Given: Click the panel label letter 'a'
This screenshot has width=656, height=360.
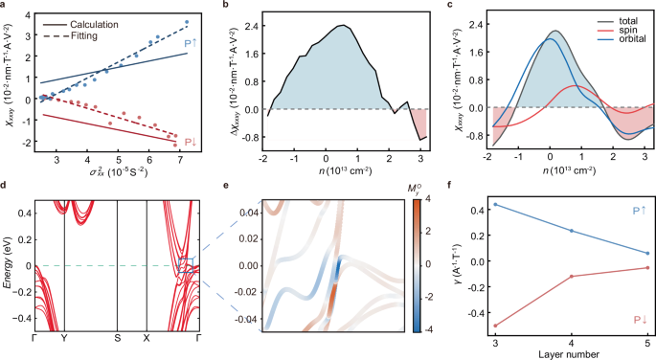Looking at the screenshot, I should point(5,7).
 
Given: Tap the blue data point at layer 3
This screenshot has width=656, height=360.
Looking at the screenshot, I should point(495,205).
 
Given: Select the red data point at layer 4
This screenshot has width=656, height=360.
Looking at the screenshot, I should point(573,277).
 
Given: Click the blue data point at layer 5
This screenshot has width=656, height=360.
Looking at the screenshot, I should point(647,253).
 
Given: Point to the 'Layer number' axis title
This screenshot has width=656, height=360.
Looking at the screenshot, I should point(572,353).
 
